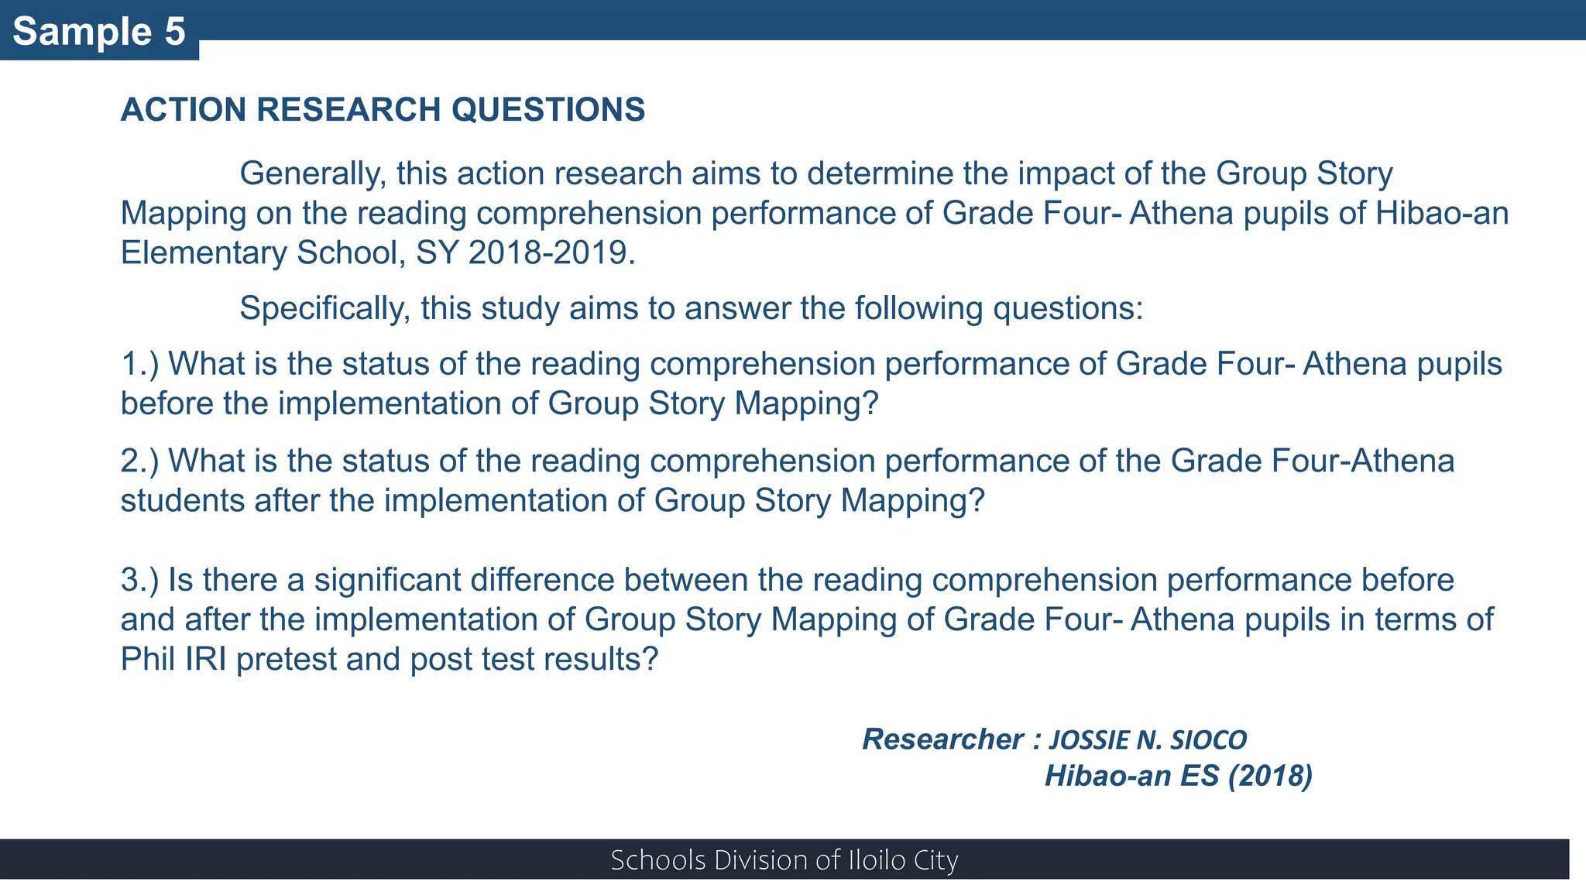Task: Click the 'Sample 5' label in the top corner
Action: (x=99, y=32)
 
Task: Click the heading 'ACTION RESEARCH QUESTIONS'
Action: (x=383, y=110)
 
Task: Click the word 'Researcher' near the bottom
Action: (x=942, y=739)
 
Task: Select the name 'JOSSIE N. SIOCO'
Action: (x=1148, y=740)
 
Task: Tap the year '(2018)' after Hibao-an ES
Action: (x=1270, y=776)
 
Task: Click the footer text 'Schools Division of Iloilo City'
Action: (x=784, y=860)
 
